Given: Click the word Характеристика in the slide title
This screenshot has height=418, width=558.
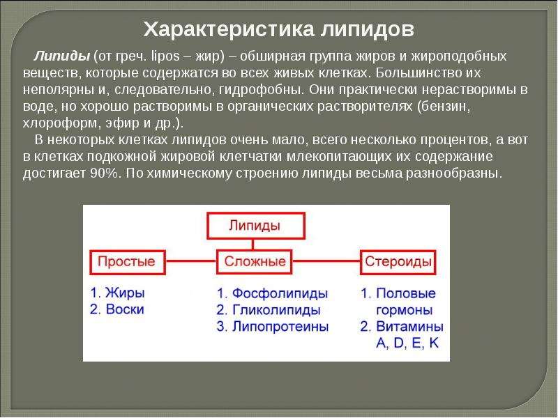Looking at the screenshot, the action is pyautogui.click(x=229, y=29).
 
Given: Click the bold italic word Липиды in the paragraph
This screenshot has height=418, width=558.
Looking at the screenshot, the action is pyautogui.click(x=61, y=56).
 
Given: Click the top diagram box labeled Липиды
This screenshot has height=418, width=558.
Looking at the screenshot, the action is pyautogui.click(x=256, y=225).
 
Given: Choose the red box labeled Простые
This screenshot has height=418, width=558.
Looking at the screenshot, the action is pyautogui.click(x=128, y=262).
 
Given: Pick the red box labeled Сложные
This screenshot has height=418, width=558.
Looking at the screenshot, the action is pyautogui.click(x=255, y=262).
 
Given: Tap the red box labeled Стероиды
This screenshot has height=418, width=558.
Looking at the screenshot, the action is pyautogui.click(x=398, y=262).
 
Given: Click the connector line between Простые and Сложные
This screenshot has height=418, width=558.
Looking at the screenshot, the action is pyautogui.click(x=190, y=261).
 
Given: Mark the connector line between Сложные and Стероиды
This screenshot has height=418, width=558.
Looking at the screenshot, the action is pyautogui.click(x=326, y=261).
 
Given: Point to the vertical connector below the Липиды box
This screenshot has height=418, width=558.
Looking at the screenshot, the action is pyautogui.click(x=252, y=245).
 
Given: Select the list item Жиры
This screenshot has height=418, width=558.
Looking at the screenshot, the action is pyautogui.click(x=126, y=293).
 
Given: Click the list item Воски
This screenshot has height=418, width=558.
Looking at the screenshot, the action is pyautogui.click(x=125, y=309).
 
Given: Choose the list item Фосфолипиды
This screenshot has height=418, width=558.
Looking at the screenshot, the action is pyautogui.click(x=280, y=293).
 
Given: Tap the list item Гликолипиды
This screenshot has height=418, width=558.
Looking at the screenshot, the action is pyautogui.click(x=276, y=310).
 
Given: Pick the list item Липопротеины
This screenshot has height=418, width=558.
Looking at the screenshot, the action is pyautogui.click(x=280, y=327).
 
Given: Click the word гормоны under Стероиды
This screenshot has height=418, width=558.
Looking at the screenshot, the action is pyautogui.click(x=405, y=310).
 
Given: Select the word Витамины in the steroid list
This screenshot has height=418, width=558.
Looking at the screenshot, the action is pyautogui.click(x=410, y=327).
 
